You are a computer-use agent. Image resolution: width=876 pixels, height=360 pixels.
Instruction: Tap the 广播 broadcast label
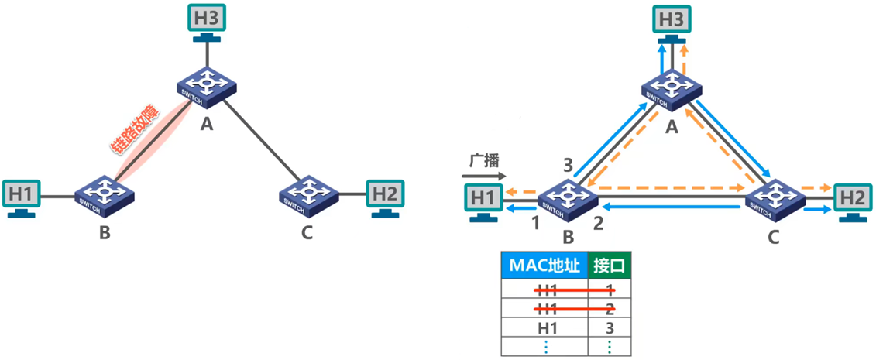(x=483, y=161)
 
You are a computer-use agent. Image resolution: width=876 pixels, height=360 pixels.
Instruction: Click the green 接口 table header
(x=610, y=266)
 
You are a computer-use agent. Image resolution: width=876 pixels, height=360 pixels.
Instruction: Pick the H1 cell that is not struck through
(x=548, y=327)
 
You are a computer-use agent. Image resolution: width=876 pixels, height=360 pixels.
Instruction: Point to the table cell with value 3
(x=610, y=327)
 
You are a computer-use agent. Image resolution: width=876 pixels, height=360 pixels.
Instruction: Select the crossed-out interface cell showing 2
(x=610, y=308)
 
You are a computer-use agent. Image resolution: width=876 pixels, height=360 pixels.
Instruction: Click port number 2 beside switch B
(x=597, y=225)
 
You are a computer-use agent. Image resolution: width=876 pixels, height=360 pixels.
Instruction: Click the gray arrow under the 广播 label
(x=488, y=176)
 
